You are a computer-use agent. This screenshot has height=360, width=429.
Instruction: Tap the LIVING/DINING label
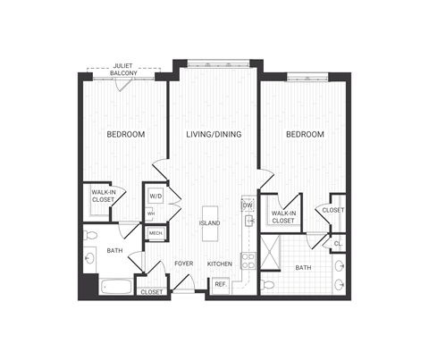point(215,135)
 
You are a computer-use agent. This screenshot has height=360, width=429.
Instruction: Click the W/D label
point(156,196)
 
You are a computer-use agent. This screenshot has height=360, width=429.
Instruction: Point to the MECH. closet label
point(156,233)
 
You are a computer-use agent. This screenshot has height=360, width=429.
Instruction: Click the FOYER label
point(184,264)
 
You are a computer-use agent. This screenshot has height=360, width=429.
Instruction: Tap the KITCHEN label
point(220,264)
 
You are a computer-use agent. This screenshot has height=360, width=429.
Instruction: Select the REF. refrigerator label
point(220,285)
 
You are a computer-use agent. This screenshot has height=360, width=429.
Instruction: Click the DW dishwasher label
point(248,206)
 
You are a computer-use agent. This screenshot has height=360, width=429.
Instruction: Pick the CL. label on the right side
point(338,243)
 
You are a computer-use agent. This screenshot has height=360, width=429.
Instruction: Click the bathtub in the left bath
point(115,288)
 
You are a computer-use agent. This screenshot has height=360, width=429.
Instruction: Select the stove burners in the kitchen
point(248,262)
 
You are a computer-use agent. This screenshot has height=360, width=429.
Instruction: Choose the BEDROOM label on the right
point(305,135)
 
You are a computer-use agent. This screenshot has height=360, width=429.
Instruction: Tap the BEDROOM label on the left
point(125,135)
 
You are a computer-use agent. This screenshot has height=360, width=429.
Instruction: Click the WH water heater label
point(151,214)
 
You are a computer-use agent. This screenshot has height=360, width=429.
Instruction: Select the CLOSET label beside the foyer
point(152,292)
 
